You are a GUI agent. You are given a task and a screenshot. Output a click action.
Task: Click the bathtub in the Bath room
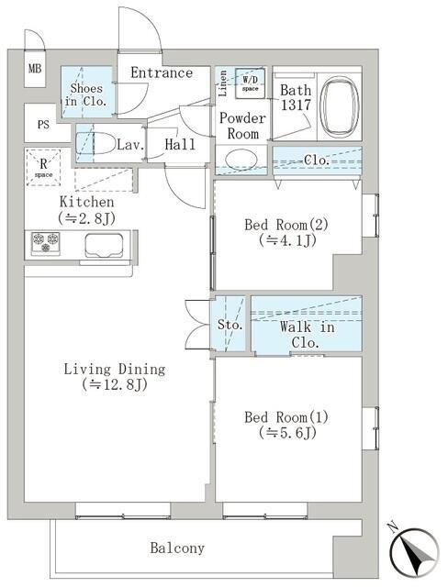[x=340, y=106]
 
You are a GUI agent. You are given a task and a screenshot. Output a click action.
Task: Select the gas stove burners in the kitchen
[x=46, y=242]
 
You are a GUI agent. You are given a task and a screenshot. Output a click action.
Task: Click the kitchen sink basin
[x=104, y=245]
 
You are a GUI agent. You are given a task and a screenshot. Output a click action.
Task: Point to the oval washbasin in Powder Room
[x=241, y=160]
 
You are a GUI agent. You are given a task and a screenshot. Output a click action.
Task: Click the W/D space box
[x=250, y=83]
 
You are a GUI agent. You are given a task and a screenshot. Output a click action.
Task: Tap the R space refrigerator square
[x=43, y=167]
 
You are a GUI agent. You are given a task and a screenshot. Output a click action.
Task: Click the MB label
[x=35, y=69]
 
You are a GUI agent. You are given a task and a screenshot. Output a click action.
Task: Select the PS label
[x=43, y=125]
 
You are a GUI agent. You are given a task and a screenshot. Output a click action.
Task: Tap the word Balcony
[x=177, y=548]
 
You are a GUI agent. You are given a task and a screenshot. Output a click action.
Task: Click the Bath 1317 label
[x=296, y=98]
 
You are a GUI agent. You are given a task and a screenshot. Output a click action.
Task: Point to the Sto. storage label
[x=230, y=325]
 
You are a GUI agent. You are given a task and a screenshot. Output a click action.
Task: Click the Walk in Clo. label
[x=307, y=335]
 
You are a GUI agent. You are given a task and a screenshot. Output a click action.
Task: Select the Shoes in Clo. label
[x=86, y=94]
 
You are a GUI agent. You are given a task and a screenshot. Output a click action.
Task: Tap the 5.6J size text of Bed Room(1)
[x=287, y=433]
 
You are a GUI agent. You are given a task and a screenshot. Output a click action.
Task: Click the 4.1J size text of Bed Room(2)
[x=287, y=240]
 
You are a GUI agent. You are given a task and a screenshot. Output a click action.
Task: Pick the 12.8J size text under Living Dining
[x=114, y=384]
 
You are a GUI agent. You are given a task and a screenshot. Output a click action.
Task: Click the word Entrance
[x=162, y=72]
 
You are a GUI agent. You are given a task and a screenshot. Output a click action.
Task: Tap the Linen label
[x=222, y=83]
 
